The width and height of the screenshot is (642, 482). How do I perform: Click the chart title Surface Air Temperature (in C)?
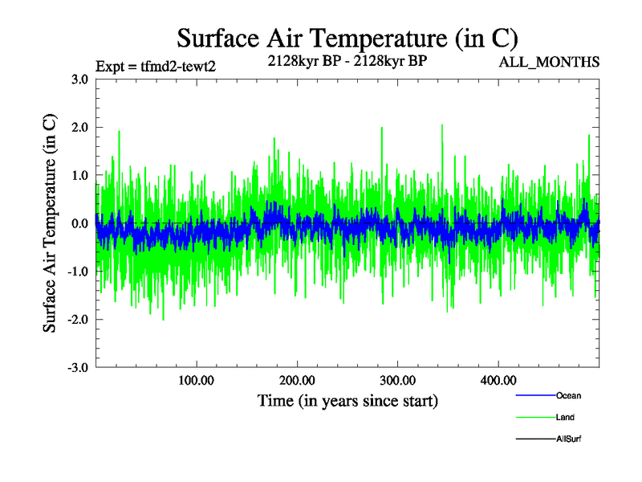[x=347, y=38]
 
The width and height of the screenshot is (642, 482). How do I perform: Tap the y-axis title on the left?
[x=50, y=223]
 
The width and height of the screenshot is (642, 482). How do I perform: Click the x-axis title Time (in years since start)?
[x=347, y=399]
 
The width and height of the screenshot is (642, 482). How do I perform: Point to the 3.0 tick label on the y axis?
[x=79, y=79]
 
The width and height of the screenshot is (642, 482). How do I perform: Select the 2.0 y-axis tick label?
[x=79, y=127]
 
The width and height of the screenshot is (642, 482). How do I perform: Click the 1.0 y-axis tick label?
[x=79, y=175]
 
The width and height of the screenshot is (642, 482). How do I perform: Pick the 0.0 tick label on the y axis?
[x=79, y=223]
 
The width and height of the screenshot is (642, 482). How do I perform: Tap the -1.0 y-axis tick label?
[x=77, y=272]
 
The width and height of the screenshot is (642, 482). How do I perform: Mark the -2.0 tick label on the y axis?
[x=77, y=320]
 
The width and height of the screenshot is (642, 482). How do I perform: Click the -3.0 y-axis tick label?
[x=77, y=368]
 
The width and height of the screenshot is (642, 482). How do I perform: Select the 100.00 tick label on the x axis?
[x=196, y=380]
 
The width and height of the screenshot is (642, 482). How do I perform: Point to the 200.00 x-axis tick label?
[x=297, y=380]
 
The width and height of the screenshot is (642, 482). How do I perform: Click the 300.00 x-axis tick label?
[x=397, y=380]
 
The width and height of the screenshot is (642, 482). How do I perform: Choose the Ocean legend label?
[x=568, y=396]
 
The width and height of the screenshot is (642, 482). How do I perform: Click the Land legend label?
[x=565, y=418]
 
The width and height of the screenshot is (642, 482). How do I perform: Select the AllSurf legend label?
[x=568, y=439]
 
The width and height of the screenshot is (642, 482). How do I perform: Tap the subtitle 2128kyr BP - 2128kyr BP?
[x=347, y=59]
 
